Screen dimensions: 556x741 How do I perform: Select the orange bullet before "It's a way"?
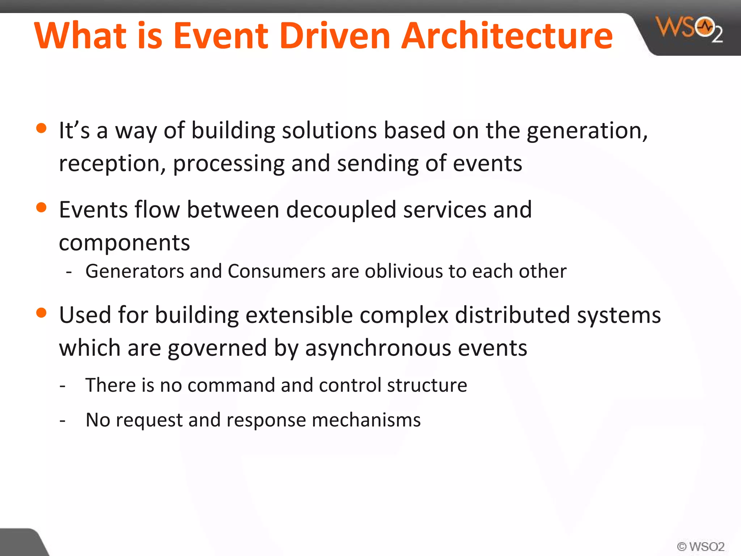[42, 128]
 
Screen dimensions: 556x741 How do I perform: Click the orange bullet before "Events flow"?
[42, 207]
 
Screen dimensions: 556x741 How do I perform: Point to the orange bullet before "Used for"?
[42, 312]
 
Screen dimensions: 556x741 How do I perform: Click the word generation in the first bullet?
[586, 131]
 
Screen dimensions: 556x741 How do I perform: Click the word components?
[124, 243]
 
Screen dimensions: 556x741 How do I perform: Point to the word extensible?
[299, 315]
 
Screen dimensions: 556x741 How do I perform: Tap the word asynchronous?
[378, 348]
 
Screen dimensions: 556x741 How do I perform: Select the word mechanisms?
[366, 420]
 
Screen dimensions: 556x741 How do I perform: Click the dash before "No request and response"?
[63, 421]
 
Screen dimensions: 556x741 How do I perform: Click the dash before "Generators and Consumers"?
[69, 272]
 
